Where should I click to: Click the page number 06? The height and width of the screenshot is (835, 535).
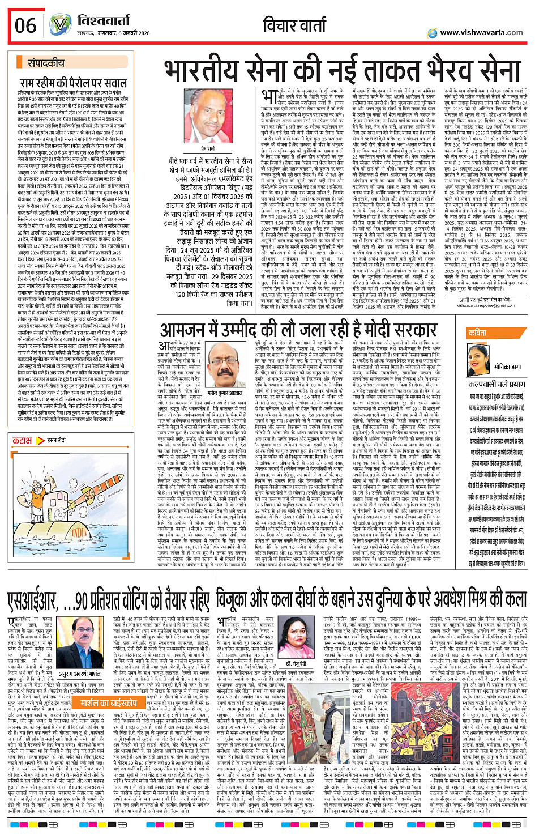point(25,25)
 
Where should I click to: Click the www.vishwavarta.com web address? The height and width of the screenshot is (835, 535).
point(481,32)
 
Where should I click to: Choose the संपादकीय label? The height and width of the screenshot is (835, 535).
point(47,63)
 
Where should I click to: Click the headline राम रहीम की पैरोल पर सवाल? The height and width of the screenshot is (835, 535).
point(81,83)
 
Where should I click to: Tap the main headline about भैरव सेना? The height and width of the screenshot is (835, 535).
point(342,70)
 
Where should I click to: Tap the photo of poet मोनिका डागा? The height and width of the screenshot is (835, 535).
point(477,359)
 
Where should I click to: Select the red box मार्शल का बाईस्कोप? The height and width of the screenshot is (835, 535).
point(108,703)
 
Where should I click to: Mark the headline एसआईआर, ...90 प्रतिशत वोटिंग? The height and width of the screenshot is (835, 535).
point(108,600)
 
